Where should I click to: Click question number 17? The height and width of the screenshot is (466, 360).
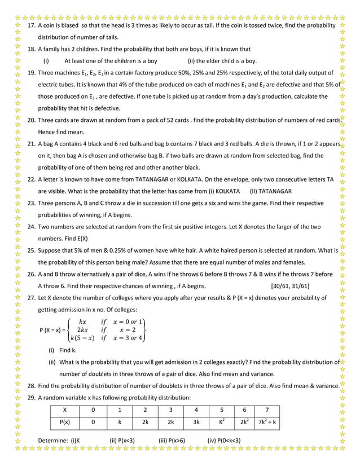click(32, 26)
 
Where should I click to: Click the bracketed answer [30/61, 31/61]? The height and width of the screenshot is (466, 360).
click(290, 285)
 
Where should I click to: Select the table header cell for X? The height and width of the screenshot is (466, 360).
click(65, 410)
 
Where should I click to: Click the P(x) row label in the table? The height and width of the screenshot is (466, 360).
click(65, 423)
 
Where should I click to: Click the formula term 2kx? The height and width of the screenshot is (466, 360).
click(82, 329)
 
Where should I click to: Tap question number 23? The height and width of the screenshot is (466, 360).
click(32, 203)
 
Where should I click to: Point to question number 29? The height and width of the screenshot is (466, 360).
click(32, 397)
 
